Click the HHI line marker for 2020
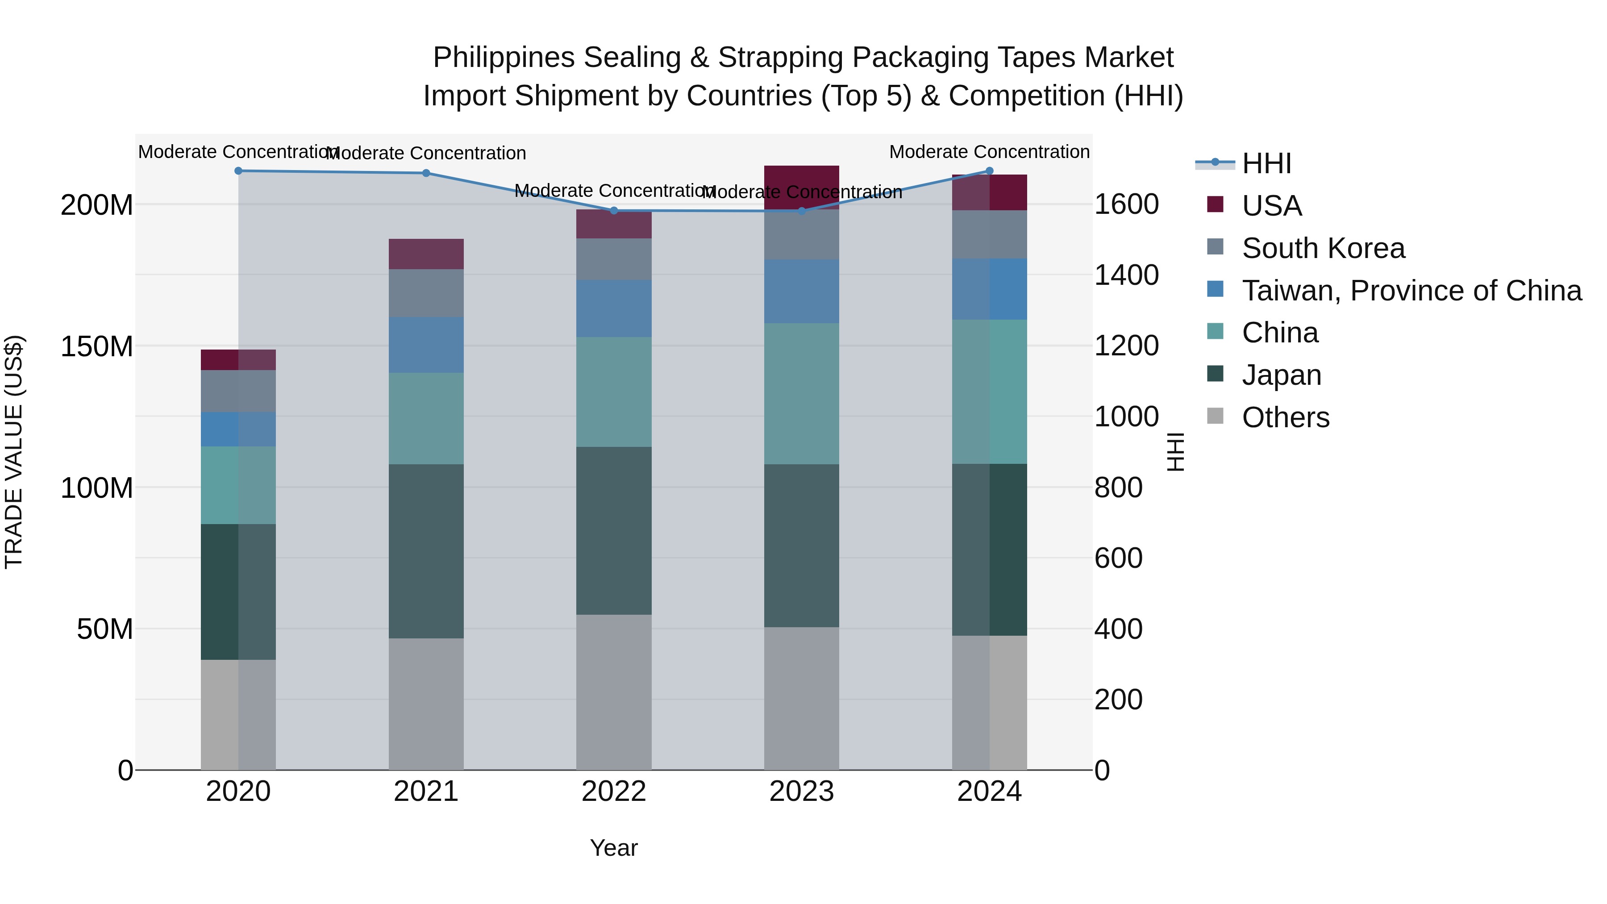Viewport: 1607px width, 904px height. (238, 171)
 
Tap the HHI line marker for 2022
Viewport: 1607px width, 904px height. (614, 211)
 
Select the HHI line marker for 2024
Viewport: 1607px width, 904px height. (989, 171)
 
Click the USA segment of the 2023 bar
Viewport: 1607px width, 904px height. (802, 187)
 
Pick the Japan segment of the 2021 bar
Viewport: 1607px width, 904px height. (426, 551)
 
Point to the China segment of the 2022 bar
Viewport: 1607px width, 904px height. (614, 392)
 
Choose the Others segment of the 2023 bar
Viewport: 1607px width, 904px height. (802, 698)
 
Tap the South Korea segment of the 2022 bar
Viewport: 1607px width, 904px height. (614, 259)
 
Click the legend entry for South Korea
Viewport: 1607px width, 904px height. (1323, 248)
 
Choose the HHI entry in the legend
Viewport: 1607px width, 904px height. (1266, 163)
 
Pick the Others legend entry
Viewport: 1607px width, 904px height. (1285, 417)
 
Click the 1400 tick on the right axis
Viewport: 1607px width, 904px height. (1126, 275)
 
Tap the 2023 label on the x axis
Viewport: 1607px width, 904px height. (802, 792)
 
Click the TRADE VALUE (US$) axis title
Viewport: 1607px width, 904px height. (14, 452)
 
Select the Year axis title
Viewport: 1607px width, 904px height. (614, 848)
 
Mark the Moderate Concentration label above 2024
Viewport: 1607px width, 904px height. (989, 152)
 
